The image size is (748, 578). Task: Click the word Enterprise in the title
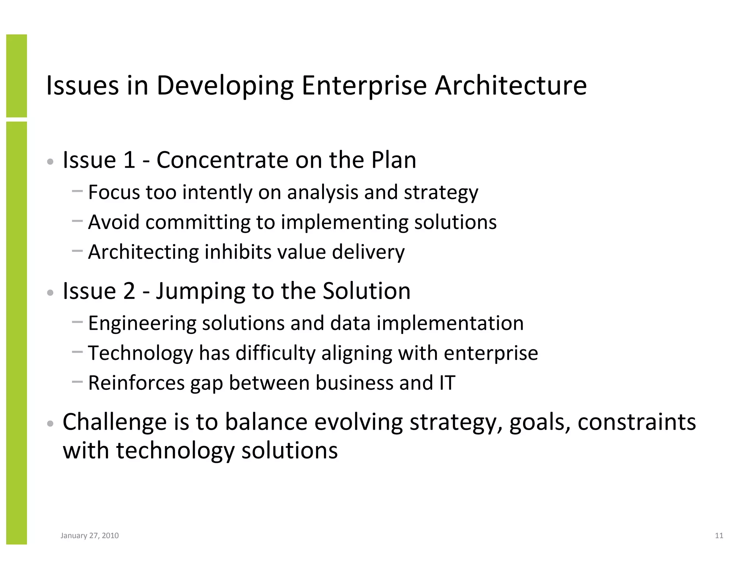pos(364,86)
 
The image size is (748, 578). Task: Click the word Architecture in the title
pos(510,86)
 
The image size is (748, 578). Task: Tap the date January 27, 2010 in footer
pos(89,536)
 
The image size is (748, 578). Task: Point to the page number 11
pos(719,536)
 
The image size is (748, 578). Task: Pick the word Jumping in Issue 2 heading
pos(201,291)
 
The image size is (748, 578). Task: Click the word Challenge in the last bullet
pos(115,422)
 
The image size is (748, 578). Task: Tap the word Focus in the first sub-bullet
pos(114,192)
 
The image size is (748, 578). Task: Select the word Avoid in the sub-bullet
pos(114,222)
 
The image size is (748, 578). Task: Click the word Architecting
pos(143,252)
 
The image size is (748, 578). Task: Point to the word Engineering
pos(142,323)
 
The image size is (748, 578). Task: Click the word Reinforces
pos(136,383)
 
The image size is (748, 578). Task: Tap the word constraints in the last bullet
pos(637,422)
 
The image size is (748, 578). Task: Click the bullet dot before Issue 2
pos(50,293)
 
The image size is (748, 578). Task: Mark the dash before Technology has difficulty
pos(77,352)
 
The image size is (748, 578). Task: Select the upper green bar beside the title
pos(16,76)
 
